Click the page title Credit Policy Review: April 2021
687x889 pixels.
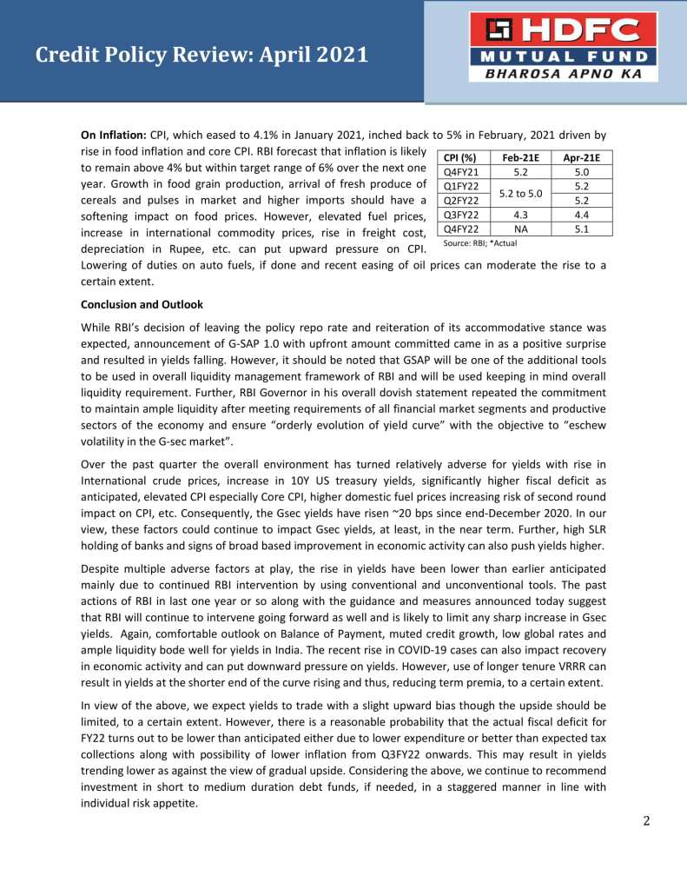coord(201,56)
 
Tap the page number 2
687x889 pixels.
coord(646,821)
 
